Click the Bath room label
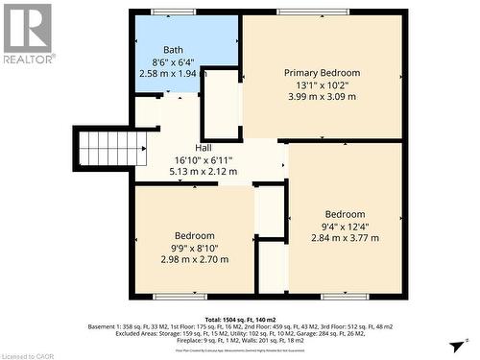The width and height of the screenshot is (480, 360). click(173, 50)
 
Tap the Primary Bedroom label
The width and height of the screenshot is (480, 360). click(322, 73)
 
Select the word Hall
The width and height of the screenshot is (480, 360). click(204, 148)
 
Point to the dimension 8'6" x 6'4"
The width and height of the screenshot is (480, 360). click(173, 61)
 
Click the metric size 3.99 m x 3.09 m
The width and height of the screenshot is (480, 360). click(322, 97)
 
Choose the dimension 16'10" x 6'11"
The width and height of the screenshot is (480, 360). click(204, 159)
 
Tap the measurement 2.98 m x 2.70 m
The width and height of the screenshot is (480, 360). click(195, 259)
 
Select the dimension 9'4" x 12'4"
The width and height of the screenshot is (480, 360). click(345, 227)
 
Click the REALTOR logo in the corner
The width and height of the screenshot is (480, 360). click(28, 33)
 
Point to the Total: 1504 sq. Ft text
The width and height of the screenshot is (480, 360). click(240, 318)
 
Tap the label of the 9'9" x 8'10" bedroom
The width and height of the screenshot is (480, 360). click(195, 235)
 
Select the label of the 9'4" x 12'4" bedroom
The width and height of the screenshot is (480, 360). click(345, 214)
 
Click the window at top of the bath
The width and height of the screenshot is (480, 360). click(173, 12)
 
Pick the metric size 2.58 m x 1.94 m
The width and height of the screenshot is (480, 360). click(173, 73)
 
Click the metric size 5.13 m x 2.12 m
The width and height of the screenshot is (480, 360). click(204, 171)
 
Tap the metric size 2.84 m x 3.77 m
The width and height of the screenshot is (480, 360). click(345, 238)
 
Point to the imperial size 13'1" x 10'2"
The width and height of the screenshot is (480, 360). click(322, 84)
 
